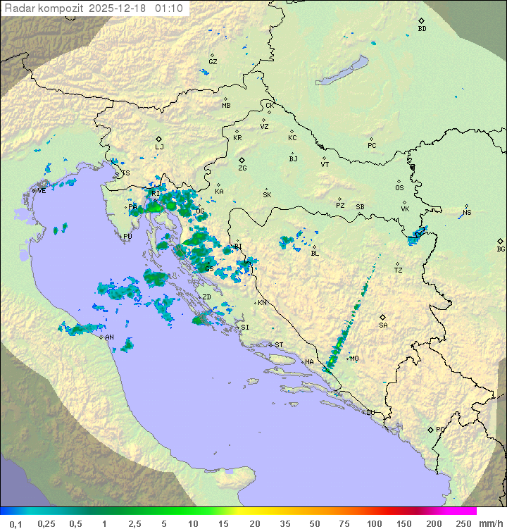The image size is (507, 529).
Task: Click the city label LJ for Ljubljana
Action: pos(159,147)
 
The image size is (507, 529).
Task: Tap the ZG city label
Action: pos(242,168)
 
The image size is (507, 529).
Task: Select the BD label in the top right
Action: pos(422,29)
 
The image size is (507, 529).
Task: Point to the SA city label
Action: pos(383,325)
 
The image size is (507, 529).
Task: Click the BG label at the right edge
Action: pos(501,249)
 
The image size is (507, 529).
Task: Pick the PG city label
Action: pos(440,429)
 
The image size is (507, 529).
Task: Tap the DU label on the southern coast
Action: pos(370,413)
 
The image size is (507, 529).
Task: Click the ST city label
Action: pos(279,345)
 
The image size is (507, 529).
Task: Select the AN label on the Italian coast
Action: pos(109,337)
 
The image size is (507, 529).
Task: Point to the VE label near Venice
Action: pos(42,190)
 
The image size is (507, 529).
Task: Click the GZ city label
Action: pos(213,61)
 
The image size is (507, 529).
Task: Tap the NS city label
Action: pos(467,213)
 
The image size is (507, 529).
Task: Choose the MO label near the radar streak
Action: pos(354,359)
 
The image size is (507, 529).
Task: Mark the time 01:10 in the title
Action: pos(170,8)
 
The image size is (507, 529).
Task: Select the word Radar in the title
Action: pos(18,8)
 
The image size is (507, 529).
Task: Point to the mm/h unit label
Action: pos(489,523)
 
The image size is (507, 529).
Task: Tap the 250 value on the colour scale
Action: pos(463,523)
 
